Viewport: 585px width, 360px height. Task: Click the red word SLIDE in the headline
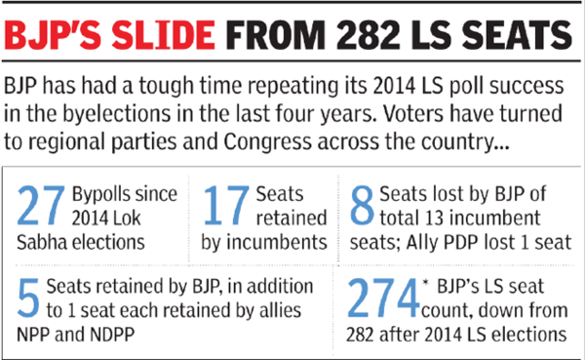(x=166, y=36)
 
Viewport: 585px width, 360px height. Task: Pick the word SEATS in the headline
(x=516, y=36)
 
